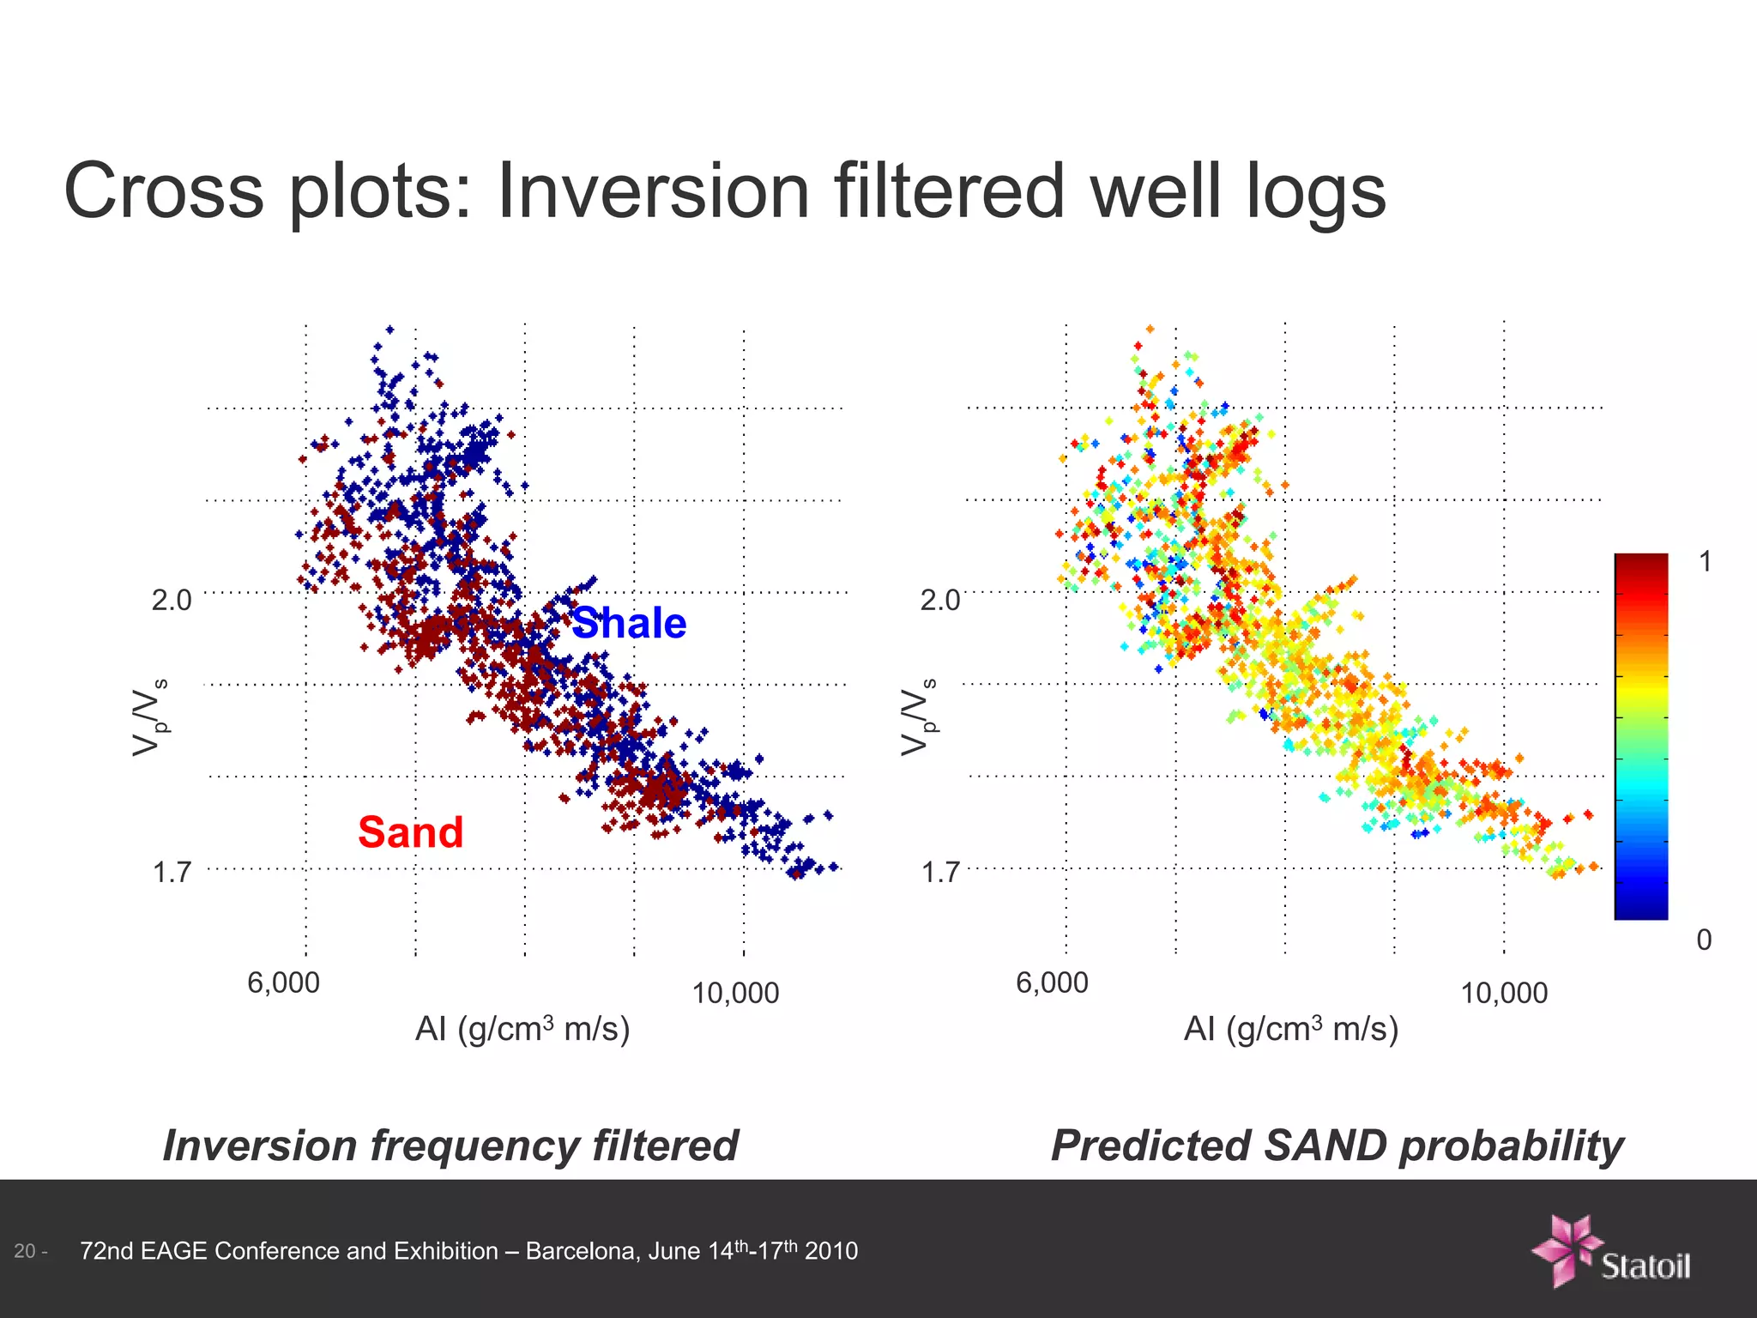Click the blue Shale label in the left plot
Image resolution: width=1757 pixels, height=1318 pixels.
[629, 623]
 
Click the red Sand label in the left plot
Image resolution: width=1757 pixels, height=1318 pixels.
[410, 832]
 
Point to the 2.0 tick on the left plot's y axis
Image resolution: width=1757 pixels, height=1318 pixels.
[172, 600]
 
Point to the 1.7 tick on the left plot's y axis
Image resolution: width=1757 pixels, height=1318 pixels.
[172, 873]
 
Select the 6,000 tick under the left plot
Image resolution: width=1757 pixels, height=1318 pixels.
[283, 982]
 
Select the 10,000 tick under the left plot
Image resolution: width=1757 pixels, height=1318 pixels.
[735, 994]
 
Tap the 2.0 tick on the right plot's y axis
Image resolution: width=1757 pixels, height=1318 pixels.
[940, 600]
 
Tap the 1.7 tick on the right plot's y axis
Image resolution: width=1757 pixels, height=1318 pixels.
[940, 873]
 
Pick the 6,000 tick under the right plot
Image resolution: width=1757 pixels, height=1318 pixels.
[1052, 982]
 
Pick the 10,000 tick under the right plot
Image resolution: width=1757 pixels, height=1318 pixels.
[1504, 994]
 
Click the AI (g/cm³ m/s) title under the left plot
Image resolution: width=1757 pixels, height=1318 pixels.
[522, 1028]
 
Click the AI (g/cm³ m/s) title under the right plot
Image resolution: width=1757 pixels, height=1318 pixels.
[1291, 1028]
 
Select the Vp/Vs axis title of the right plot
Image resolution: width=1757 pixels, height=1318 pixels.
[919, 717]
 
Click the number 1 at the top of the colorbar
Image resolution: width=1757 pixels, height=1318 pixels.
[1705, 562]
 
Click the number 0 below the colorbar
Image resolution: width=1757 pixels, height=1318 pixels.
[1704, 940]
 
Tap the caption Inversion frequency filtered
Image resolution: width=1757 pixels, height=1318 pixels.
[450, 1146]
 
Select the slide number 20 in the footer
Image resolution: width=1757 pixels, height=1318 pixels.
[25, 1251]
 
